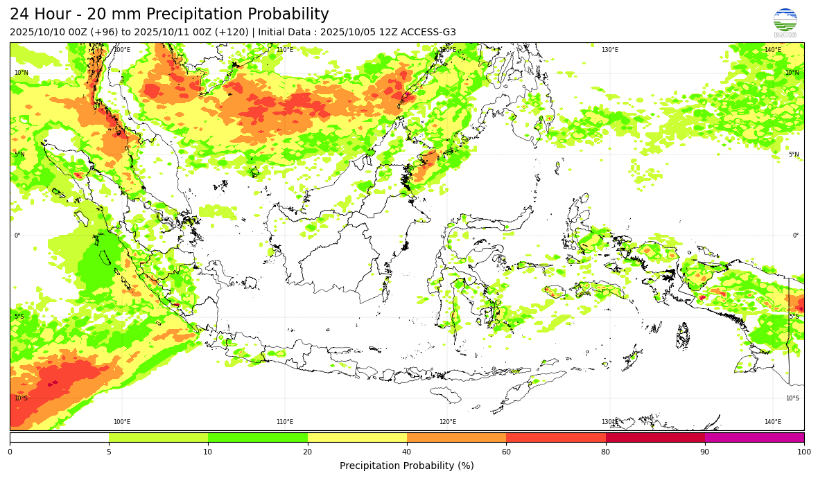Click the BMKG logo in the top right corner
point(785,23)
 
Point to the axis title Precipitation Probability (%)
point(407,466)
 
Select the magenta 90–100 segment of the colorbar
point(754,437)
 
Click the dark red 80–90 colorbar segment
point(655,437)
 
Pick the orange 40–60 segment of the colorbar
point(456,437)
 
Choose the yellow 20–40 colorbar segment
point(357,437)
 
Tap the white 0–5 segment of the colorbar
point(60,437)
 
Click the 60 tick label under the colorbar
point(506,452)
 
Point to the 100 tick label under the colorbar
point(804,452)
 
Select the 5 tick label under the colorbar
point(109,452)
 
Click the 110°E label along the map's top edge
point(285,50)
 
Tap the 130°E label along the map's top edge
point(610,50)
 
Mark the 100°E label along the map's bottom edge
point(122,422)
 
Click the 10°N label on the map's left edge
point(21,73)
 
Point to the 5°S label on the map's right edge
point(794,317)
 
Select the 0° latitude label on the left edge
point(17,236)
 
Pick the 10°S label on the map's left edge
point(21,398)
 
